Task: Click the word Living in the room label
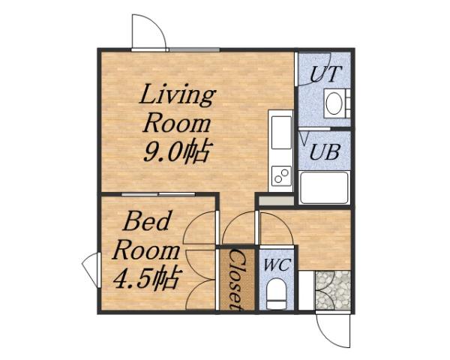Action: click(178, 97)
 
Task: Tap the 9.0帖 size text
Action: click(175, 152)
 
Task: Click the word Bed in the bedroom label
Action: click(147, 222)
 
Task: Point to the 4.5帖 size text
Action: click(145, 279)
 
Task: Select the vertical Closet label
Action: click(234, 280)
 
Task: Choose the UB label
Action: click(325, 151)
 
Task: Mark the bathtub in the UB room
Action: click(323, 187)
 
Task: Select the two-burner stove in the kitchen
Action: click(282, 177)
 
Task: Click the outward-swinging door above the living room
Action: click(148, 32)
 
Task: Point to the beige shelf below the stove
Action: click(275, 200)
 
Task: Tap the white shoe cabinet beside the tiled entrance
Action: click(305, 289)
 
